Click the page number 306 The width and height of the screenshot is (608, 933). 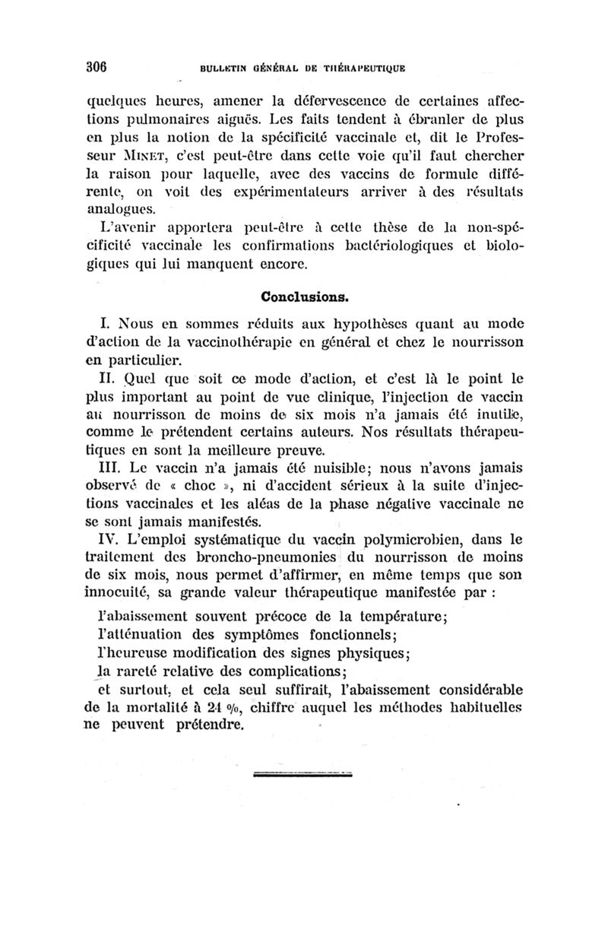click(95, 65)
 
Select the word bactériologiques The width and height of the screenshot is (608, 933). click(407, 246)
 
